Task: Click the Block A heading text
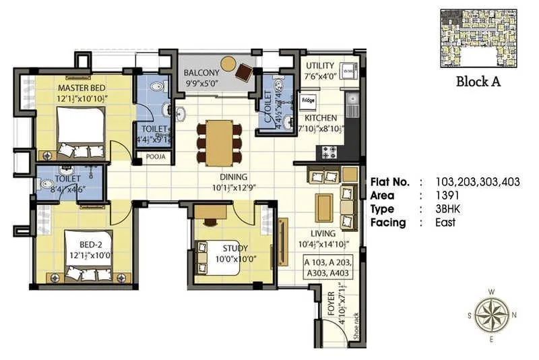tap(478, 82)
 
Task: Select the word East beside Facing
tap(445, 222)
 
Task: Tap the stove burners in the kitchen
tap(331, 152)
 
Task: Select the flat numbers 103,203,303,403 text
tap(478, 182)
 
